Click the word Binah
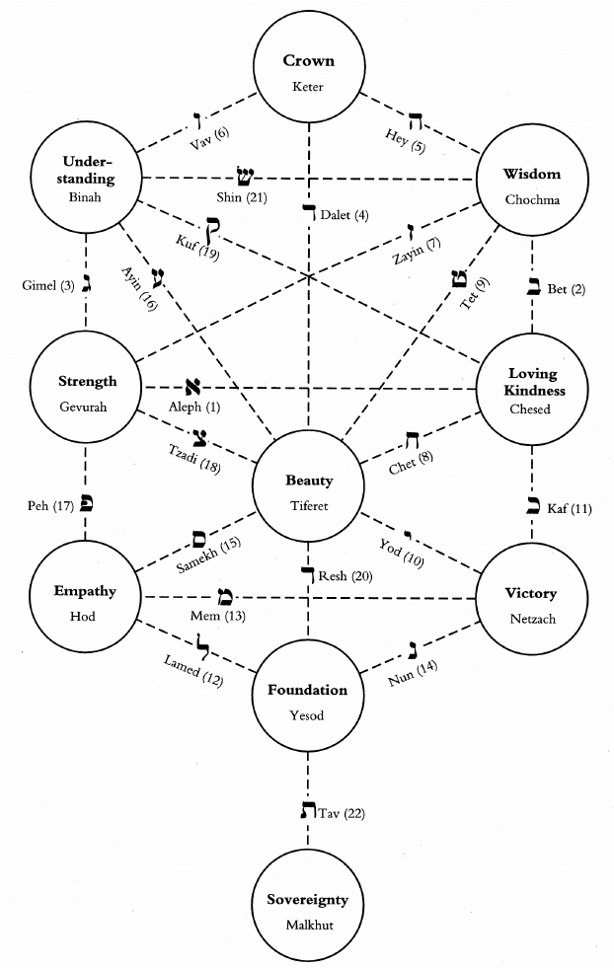(x=87, y=196)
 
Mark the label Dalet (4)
(x=345, y=215)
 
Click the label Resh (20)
(x=345, y=576)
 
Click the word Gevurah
(x=87, y=405)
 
